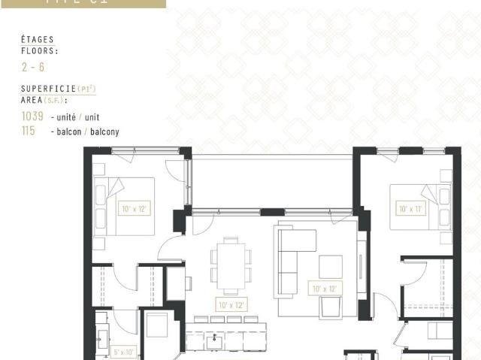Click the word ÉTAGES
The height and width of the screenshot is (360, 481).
tap(37, 40)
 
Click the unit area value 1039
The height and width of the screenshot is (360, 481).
tap(33, 117)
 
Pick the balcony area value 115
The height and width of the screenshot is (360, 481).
tap(29, 132)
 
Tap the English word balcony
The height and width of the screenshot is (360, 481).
tap(105, 132)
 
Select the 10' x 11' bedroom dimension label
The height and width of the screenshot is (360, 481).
tap(412, 209)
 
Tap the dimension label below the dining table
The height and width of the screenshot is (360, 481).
tap(231, 305)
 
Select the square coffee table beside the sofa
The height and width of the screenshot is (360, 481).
tap(331, 266)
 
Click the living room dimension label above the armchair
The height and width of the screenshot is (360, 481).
tap(325, 287)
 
